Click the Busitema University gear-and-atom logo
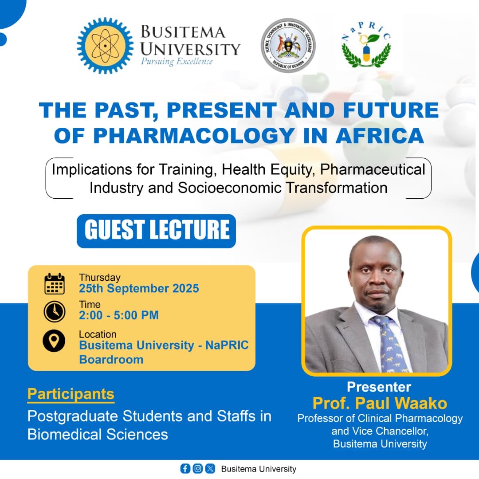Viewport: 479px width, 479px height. pyautogui.click(x=105, y=46)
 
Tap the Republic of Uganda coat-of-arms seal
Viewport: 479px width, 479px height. pyautogui.click(x=288, y=46)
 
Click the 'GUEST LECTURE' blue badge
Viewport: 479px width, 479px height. pyautogui.click(x=156, y=231)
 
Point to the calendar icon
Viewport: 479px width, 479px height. pyautogui.click(x=55, y=284)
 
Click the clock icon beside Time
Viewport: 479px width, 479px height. pyautogui.click(x=55, y=311)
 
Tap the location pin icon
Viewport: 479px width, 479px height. pyautogui.click(x=55, y=341)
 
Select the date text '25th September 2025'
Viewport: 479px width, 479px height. pyautogui.click(x=139, y=288)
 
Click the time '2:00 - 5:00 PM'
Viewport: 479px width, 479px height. pyautogui.click(x=118, y=315)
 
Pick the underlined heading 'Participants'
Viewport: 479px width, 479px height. pyautogui.click(x=71, y=394)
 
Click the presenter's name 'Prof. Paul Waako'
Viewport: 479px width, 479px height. pyautogui.click(x=380, y=403)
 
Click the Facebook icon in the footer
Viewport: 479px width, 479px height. pyautogui.click(x=185, y=468)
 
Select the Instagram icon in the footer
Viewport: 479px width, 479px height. pyautogui.click(x=198, y=468)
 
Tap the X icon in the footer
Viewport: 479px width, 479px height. pyautogui.click(x=210, y=468)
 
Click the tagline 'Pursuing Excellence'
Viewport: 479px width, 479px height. pyautogui.click(x=177, y=61)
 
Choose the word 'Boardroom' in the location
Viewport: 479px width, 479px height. pyautogui.click(x=111, y=359)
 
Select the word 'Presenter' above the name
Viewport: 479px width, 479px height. pyautogui.click(x=379, y=387)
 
